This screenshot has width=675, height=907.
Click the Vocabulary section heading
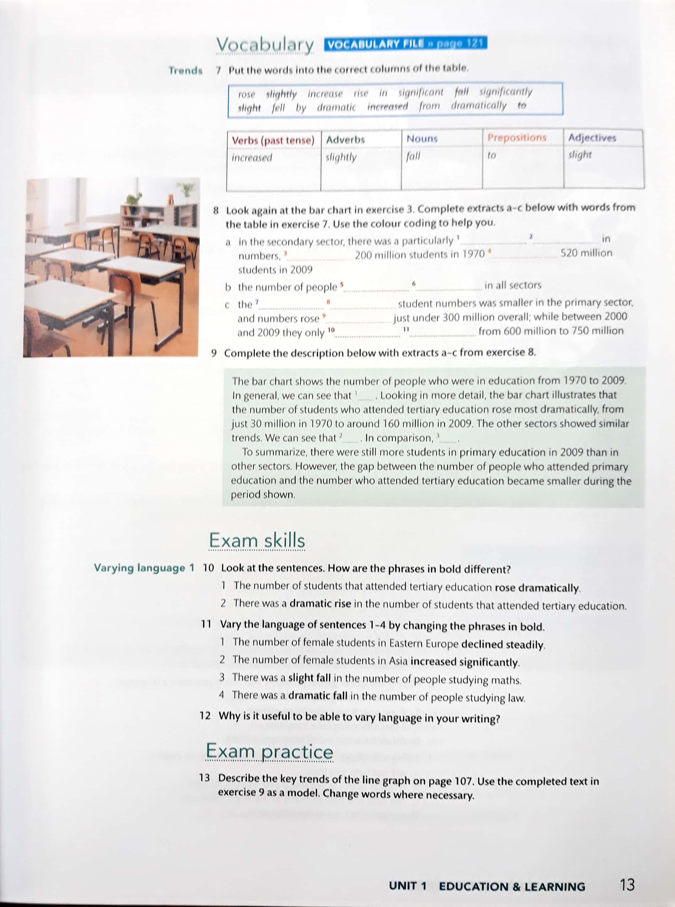265,45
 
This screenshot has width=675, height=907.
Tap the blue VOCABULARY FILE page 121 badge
405,43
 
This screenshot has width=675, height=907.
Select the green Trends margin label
185,71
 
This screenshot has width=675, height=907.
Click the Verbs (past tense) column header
273,140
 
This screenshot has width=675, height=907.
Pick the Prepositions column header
517,138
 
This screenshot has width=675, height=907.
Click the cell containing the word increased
252,158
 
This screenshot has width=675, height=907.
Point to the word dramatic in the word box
336,108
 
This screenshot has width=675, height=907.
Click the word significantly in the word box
506,92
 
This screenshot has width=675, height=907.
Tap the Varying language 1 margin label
144,568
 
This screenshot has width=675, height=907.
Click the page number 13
627,885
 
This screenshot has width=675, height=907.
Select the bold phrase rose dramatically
537,588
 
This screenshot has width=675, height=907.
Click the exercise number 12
205,716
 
